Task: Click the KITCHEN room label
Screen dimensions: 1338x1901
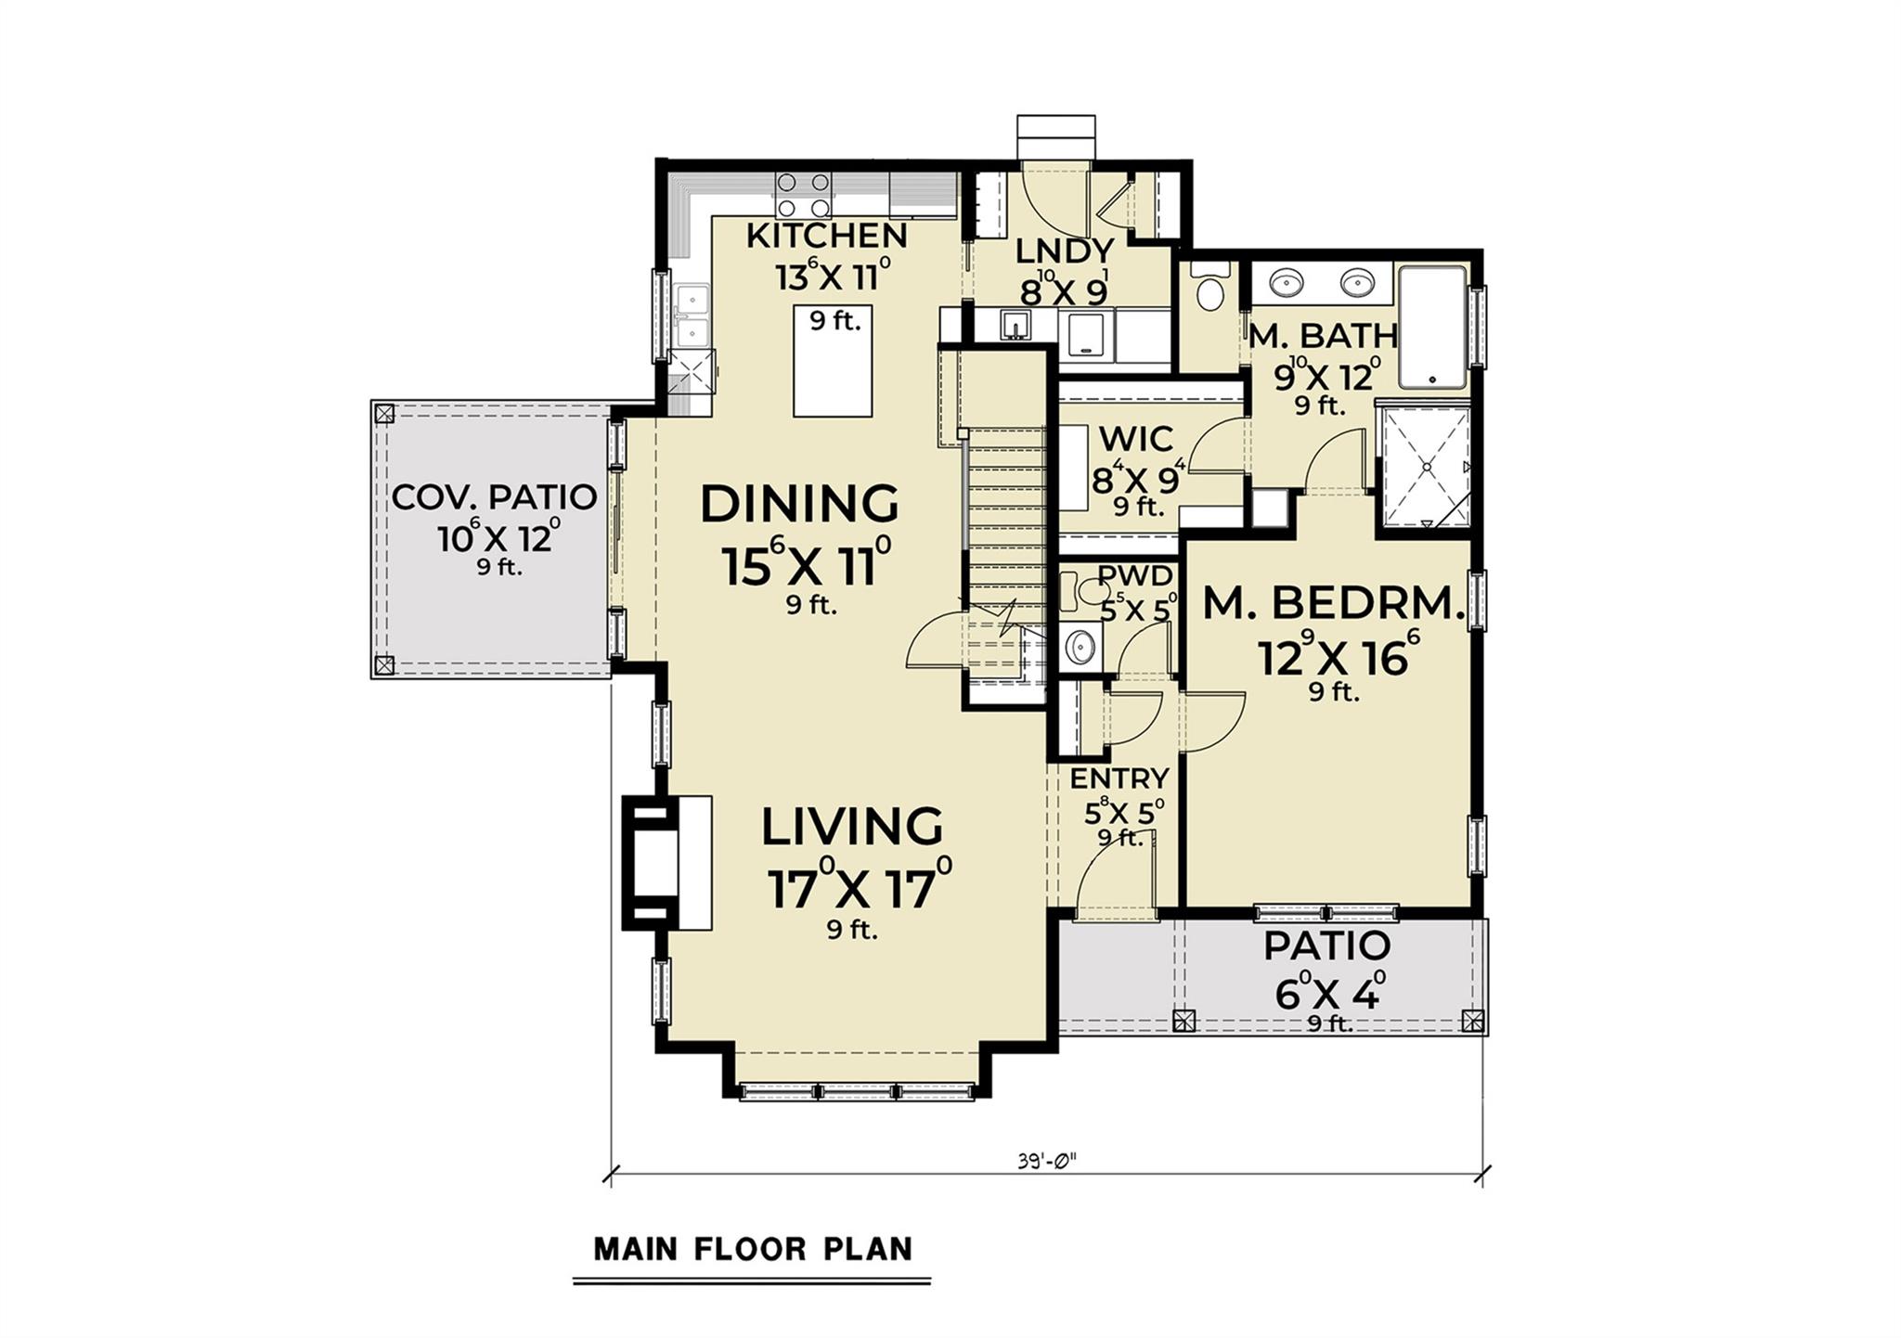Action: tap(826, 236)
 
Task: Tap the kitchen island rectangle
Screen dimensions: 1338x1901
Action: tap(833, 362)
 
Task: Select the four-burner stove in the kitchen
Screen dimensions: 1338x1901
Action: tap(802, 196)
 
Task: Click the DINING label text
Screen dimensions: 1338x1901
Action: tap(799, 504)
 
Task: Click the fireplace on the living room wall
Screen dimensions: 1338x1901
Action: tap(666, 862)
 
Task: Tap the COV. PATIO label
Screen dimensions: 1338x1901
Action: tap(494, 497)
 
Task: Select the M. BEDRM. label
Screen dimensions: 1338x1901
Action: tap(1334, 605)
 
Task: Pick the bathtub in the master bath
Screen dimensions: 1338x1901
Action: tap(1433, 327)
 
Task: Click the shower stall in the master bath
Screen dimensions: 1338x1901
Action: tap(1423, 468)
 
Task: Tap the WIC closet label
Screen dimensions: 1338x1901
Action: tap(1135, 437)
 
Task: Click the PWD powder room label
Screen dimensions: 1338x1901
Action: tap(1134, 576)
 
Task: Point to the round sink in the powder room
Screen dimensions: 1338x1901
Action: tap(1079, 642)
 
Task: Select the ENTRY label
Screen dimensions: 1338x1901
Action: tap(1119, 778)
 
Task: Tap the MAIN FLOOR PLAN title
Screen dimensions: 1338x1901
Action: tap(753, 1249)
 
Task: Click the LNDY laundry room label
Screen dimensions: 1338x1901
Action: tap(1064, 251)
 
